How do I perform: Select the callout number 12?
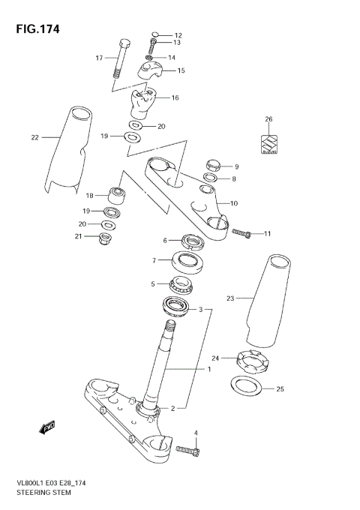[x=178, y=35]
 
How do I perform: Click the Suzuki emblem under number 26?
[x=268, y=142]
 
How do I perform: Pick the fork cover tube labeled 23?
[x=268, y=299]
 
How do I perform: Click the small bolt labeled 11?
[x=241, y=233]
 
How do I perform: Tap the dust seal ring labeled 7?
[x=187, y=261]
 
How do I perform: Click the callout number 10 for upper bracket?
[x=234, y=203]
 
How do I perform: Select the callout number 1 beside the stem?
[x=210, y=370]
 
